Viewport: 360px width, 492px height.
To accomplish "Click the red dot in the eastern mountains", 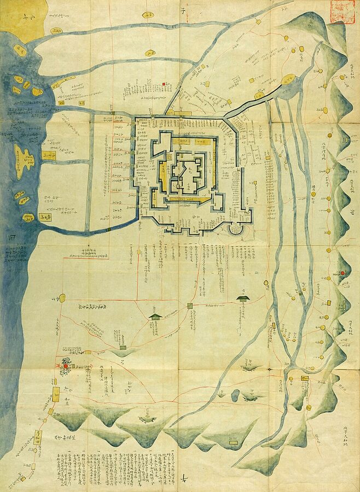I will (342, 273).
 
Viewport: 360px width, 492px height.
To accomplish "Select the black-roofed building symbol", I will (243, 298).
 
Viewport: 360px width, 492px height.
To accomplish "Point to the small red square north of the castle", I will (164, 84).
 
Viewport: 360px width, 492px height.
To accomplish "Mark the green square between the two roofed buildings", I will (190, 306).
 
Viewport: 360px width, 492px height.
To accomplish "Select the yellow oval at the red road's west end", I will (62, 298).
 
